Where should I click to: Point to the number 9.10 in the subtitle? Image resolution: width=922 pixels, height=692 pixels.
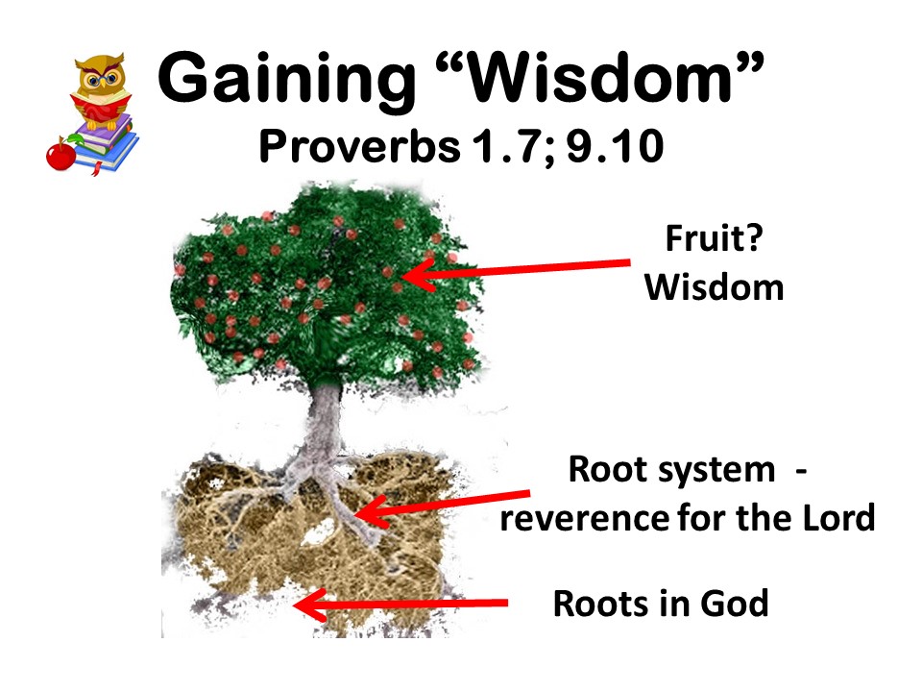click(615, 146)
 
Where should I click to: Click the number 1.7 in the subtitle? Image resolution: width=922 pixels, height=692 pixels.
click(504, 146)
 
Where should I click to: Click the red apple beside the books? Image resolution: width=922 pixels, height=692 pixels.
click(61, 154)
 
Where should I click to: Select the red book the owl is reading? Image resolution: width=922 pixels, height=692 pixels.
click(101, 107)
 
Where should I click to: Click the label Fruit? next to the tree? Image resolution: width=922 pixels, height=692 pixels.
click(714, 238)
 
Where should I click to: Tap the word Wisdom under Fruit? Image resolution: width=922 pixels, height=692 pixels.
click(714, 287)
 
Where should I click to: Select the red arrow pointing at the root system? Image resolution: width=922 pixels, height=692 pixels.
click(442, 507)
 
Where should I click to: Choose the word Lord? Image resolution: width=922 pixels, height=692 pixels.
click(839, 518)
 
